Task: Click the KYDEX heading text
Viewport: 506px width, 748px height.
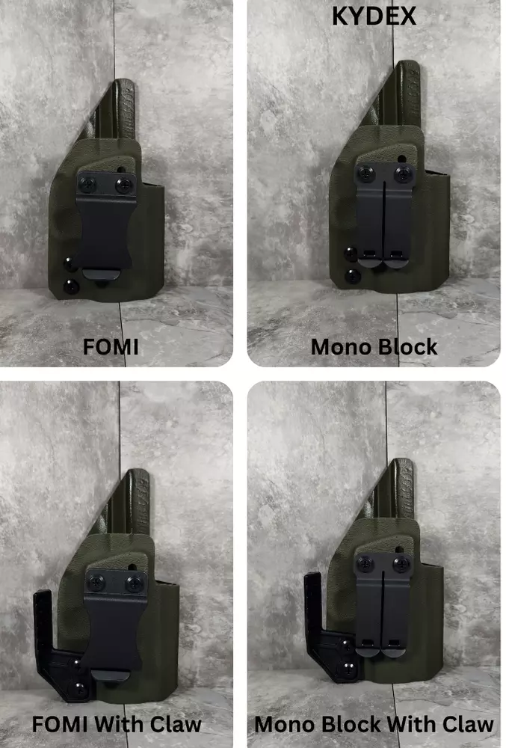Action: (x=374, y=16)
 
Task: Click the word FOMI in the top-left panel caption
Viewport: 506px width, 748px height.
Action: (x=111, y=347)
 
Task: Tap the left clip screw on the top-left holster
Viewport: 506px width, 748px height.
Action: (x=88, y=184)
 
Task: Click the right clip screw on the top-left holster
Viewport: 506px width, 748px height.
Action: (x=125, y=184)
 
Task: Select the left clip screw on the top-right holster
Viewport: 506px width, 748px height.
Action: (x=366, y=173)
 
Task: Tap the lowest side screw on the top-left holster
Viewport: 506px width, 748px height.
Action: (x=72, y=286)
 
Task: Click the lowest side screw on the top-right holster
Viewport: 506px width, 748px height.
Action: (x=353, y=276)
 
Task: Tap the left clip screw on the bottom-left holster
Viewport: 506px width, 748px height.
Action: (x=96, y=583)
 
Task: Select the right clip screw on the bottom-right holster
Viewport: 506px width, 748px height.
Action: (x=401, y=564)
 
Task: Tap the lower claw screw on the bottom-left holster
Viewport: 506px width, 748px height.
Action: (x=79, y=690)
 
